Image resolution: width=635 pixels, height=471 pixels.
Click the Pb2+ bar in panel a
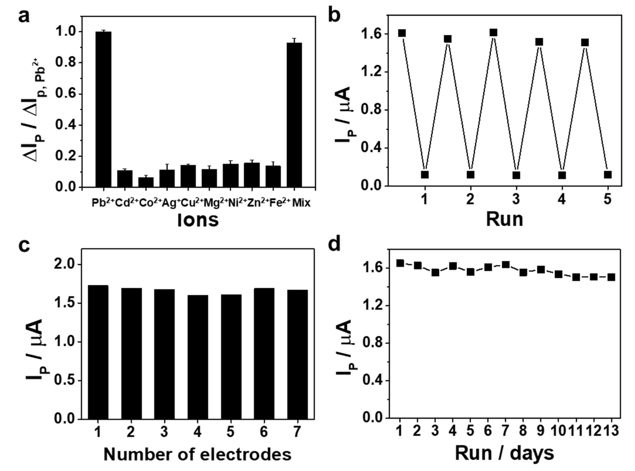click(x=103, y=110)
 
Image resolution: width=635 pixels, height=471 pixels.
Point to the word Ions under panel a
click(x=198, y=220)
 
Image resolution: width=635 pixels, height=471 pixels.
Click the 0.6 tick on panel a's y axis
click(x=65, y=94)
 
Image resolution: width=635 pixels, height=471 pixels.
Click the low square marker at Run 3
click(x=516, y=175)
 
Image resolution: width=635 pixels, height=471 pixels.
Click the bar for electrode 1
click(x=98, y=352)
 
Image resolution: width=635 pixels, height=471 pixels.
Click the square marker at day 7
click(x=505, y=265)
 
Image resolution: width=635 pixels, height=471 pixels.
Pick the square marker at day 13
click(x=611, y=277)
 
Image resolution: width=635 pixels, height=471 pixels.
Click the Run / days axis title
click(x=504, y=453)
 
